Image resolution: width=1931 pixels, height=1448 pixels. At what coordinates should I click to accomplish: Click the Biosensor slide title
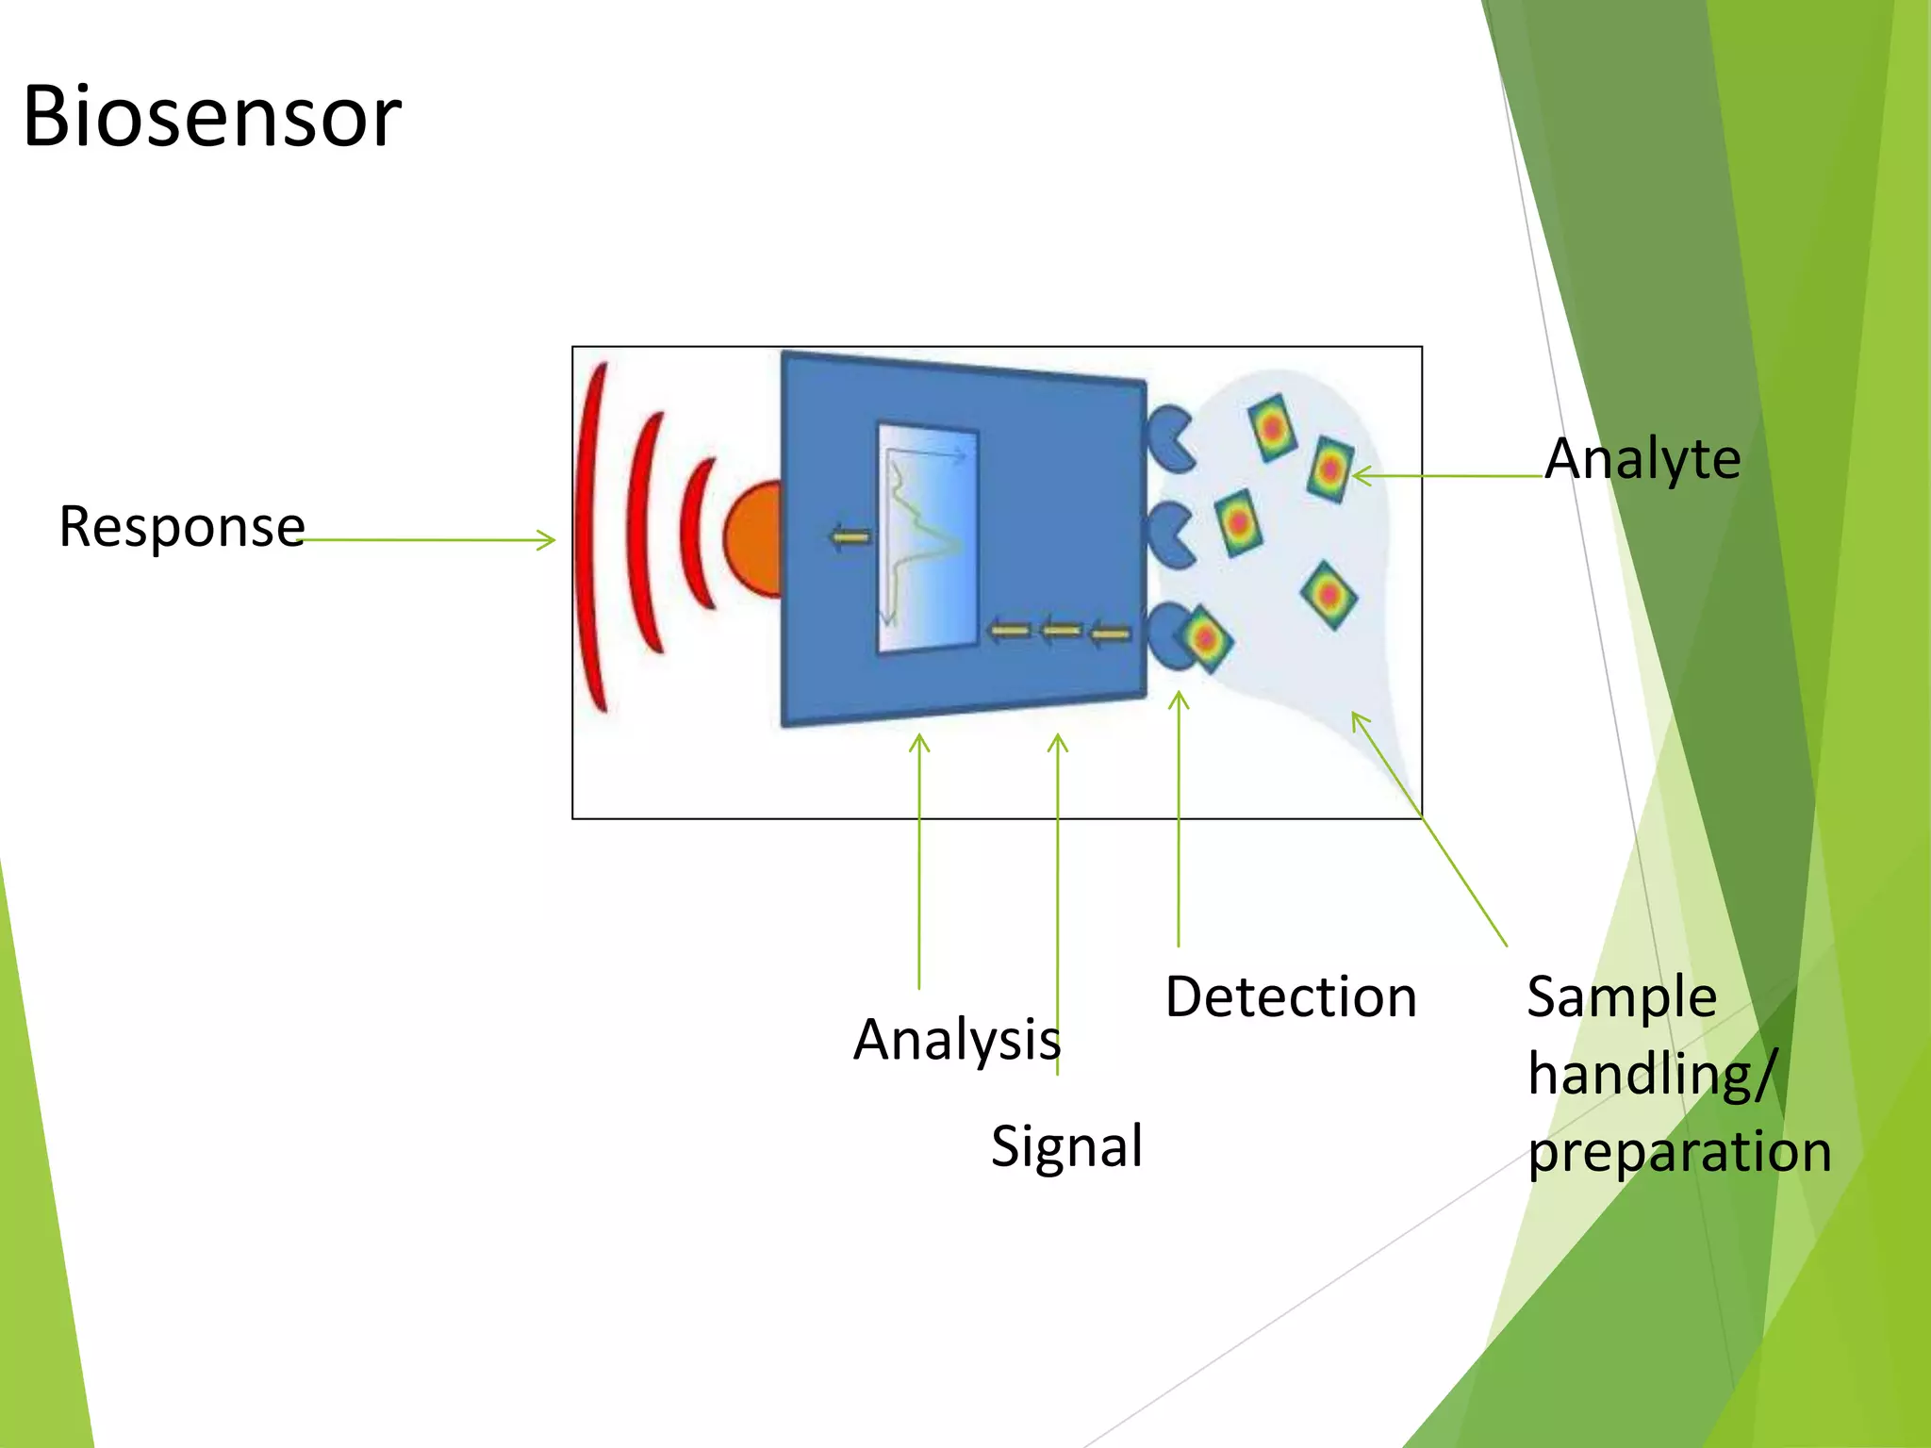pos(212,117)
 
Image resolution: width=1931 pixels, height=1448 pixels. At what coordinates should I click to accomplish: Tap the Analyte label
pos(1642,459)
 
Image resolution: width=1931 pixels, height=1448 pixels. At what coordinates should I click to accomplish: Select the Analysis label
pos(957,1040)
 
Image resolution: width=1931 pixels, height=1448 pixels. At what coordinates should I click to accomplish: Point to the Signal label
pos(1066,1146)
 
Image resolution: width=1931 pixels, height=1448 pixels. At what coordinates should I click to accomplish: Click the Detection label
pos(1291,997)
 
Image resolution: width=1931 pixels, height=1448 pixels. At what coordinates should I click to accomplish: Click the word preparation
pos(1679,1152)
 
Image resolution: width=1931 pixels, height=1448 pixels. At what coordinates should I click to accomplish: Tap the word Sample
pos(1622,997)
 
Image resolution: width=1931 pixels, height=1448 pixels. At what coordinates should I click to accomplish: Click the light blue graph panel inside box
pos(928,537)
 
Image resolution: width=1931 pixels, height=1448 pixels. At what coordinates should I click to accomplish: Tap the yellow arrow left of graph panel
pos(850,537)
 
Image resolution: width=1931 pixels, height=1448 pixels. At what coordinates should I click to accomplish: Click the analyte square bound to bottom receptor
pos(1205,639)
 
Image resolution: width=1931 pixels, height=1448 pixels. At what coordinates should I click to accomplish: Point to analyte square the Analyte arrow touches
pos(1330,469)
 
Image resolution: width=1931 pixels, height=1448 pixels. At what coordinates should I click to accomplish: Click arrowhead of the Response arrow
pos(548,540)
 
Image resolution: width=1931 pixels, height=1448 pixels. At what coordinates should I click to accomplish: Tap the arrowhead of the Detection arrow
pos(1179,699)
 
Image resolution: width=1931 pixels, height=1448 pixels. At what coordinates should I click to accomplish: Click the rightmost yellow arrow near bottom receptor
pos(1110,633)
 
